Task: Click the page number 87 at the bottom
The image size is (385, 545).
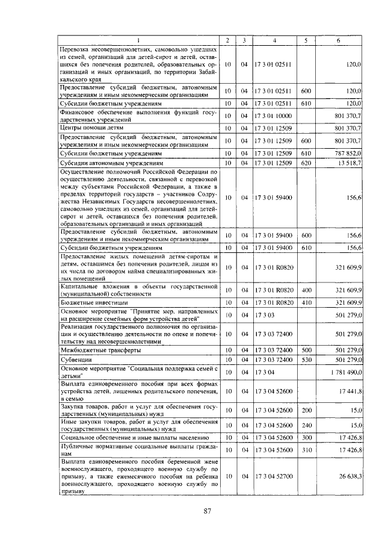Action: pos(206,511)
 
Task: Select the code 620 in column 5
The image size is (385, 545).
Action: pos(306,163)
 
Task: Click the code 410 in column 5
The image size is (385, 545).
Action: pos(306,302)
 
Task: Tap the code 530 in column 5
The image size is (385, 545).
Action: pos(306,360)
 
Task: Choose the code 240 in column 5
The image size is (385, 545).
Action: pos(306,425)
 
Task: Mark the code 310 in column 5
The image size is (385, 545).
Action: pos(306,450)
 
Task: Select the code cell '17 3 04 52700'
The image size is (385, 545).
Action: pos(274,476)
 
